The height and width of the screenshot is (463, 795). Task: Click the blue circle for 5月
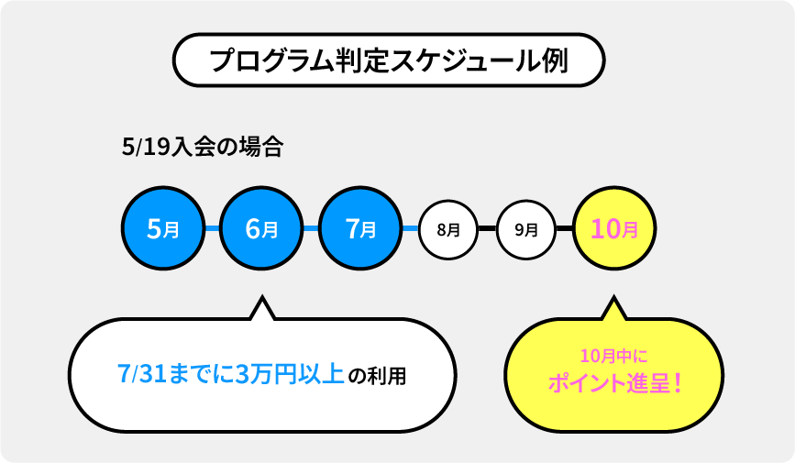tap(162, 228)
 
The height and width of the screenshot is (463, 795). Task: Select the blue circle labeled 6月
tap(261, 228)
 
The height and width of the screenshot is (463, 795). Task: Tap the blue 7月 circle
tap(360, 228)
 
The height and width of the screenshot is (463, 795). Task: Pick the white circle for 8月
tap(448, 230)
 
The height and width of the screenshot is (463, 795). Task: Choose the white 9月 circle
tap(526, 230)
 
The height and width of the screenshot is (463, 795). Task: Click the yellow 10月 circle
tap(614, 228)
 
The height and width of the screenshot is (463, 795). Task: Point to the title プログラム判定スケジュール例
tap(389, 61)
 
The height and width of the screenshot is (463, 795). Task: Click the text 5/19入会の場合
tap(203, 147)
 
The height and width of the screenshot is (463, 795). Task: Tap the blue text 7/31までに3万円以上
tap(231, 374)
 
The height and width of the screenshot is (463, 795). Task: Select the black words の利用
tap(378, 376)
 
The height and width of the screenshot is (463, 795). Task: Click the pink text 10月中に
tap(614, 356)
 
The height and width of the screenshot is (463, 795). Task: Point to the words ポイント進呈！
tap(614, 383)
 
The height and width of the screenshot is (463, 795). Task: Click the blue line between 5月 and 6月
tap(212, 228)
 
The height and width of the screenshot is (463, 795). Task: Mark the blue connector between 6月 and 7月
tap(311, 228)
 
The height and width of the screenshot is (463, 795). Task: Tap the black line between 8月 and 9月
tap(487, 228)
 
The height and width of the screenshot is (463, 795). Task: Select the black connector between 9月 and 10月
tap(564, 228)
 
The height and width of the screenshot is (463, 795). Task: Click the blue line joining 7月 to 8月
tap(411, 228)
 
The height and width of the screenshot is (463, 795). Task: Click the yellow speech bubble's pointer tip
tap(614, 296)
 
